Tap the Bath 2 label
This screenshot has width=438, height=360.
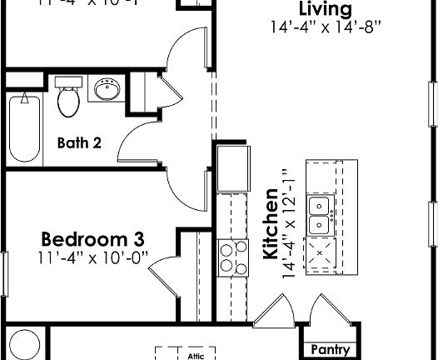pos(80,142)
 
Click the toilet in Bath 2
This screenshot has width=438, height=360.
pos(67,98)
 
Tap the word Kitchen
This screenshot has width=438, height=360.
pos(270,225)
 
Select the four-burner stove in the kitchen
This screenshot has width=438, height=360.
pos(227,256)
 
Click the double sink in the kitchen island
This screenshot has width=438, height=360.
pos(319,216)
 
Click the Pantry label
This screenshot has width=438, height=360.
pos(330,350)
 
